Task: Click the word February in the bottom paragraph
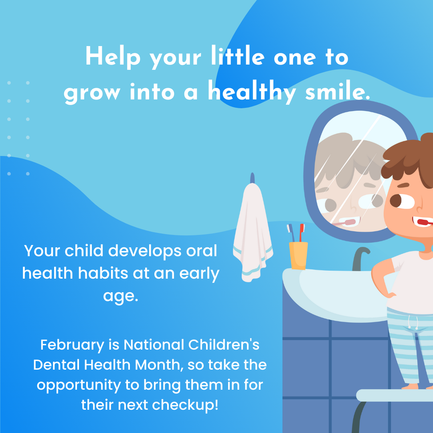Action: [x=72, y=346]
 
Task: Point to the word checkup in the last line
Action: [x=185, y=405]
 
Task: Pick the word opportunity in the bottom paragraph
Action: [x=79, y=386]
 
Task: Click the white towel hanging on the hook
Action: [x=253, y=233]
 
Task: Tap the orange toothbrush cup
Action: [x=298, y=255]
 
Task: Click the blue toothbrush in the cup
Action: [x=291, y=233]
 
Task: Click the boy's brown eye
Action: [x=396, y=200]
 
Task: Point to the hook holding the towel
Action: [x=253, y=178]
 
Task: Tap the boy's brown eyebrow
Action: [x=403, y=185]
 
